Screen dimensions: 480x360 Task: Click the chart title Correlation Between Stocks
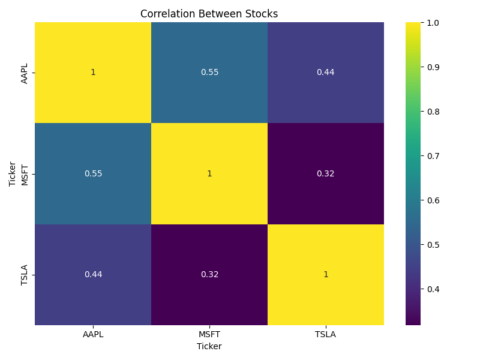click(x=209, y=14)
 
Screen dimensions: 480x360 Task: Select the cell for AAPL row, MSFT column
click(x=209, y=73)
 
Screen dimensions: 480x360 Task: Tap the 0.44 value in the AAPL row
click(x=325, y=73)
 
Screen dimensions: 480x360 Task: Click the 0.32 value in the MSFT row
click(x=325, y=173)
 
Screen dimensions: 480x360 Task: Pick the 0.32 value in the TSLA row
click(x=209, y=274)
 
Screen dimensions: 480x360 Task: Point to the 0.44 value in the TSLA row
click(x=93, y=274)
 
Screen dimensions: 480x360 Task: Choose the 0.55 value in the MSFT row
click(x=93, y=173)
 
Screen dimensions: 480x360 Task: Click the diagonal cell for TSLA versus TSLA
click(x=325, y=274)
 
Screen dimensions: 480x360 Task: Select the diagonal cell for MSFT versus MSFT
click(x=209, y=173)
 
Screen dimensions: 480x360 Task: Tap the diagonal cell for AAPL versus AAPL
click(x=93, y=73)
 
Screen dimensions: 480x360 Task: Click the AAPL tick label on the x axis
click(x=93, y=334)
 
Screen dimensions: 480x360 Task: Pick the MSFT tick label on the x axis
click(x=209, y=334)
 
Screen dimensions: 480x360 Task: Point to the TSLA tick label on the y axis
click(x=25, y=274)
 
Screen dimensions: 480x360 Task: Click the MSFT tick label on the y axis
click(x=25, y=173)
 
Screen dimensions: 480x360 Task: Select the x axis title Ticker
click(x=209, y=346)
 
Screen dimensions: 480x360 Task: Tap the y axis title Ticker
click(x=13, y=173)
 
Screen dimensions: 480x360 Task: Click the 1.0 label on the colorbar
click(x=433, y=22)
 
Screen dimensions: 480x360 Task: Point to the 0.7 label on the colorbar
click(x=433, y=156)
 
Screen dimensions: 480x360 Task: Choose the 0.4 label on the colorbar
click(x=433, y=289)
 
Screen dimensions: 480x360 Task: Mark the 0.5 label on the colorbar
click(x=433, y=245)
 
